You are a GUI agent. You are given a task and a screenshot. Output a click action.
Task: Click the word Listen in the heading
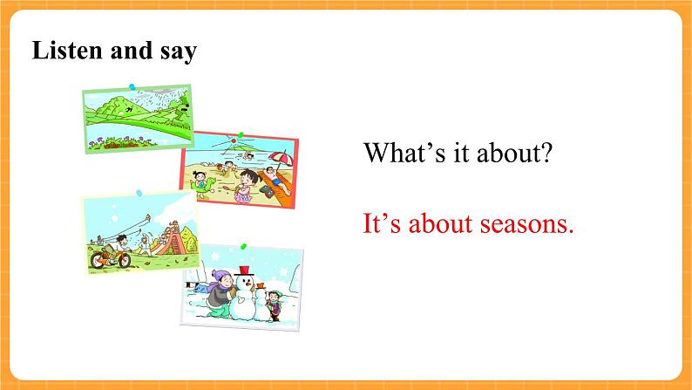[x=67, y=50]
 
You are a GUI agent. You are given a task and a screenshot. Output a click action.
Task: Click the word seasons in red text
[x=527, y=223]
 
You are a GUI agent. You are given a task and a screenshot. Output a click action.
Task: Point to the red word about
[x=440, y=223]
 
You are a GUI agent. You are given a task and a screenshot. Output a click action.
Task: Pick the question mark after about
[x=546, y=153]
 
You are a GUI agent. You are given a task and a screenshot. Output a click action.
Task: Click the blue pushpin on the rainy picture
[x=132, y=86]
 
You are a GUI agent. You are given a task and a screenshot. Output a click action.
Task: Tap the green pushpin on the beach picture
[x=241, y=134]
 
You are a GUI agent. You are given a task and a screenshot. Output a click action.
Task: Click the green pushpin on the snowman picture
[x=243, y=246]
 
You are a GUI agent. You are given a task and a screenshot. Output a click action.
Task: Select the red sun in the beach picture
[x=234, y=140]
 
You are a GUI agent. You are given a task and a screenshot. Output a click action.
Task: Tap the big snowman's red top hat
[x=244, y=270]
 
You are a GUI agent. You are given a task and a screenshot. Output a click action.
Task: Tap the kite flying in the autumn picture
[x=147, y=218]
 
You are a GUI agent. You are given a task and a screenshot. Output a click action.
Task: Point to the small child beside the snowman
[x=274, y=304]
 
